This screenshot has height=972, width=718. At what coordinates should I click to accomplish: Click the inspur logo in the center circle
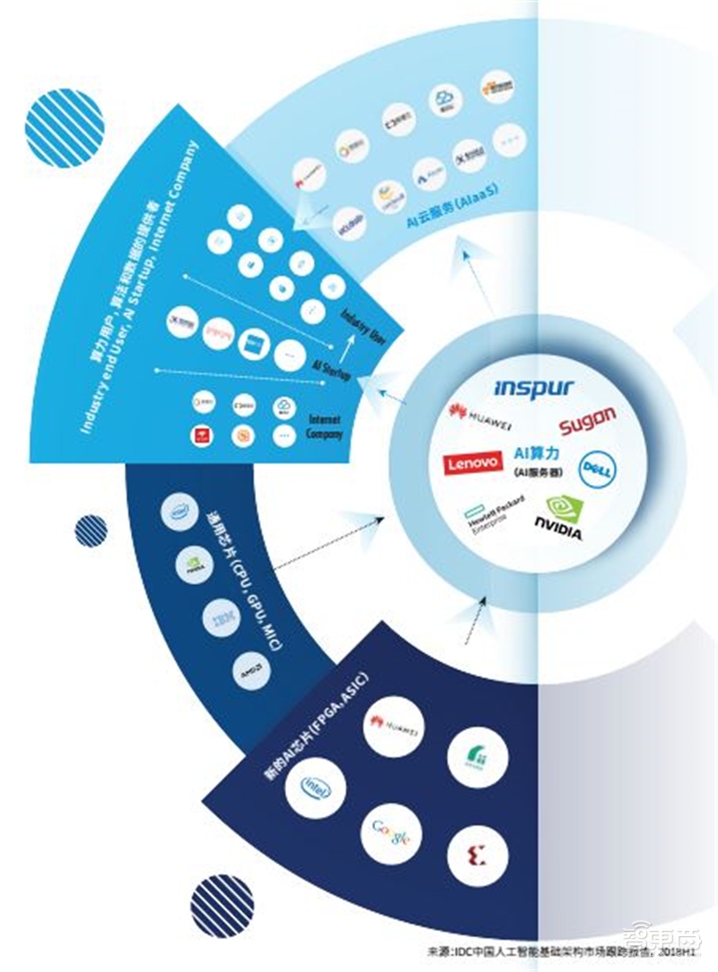coord(533,389)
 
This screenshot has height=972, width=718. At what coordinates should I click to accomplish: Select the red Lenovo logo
coord(472,464)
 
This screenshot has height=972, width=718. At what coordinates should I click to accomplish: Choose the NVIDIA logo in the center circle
coord(558,518)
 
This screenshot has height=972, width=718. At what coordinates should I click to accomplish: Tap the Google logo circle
coord(392,836)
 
